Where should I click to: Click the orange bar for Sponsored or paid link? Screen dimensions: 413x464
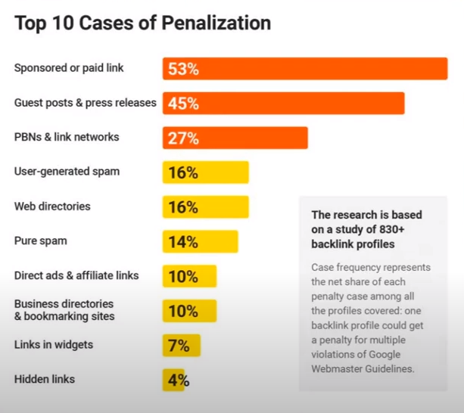304,69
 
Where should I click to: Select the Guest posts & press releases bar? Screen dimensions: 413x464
283,103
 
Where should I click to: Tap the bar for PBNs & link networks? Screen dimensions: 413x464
235,138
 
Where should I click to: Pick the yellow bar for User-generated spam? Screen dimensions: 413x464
205,172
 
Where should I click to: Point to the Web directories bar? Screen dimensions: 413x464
205,207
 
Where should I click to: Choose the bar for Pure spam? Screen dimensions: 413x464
200,241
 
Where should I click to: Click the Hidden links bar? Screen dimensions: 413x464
173,380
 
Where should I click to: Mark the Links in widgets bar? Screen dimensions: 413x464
182,345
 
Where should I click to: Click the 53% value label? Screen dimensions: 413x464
183,70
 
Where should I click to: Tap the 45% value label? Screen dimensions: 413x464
183,104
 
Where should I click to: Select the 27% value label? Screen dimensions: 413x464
183,138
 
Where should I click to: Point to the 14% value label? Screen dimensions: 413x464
183,242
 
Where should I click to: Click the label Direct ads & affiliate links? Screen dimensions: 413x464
76,275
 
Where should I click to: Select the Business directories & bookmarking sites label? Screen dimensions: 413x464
64,309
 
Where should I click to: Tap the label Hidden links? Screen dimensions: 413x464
45,379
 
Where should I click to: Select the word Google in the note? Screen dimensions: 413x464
413,354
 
